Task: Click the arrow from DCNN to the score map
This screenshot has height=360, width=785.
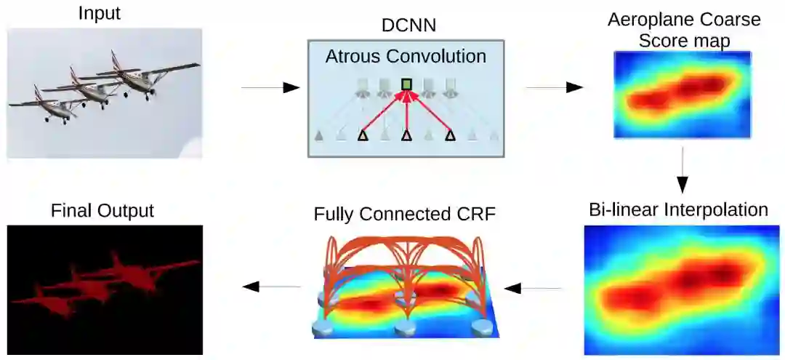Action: (554, 87)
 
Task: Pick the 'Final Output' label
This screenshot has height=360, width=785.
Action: (102, 211)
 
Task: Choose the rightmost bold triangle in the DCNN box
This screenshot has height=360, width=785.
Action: (451, 135)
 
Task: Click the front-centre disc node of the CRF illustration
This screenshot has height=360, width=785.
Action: (404, 327)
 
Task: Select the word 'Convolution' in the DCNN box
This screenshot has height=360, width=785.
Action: (439, 55)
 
